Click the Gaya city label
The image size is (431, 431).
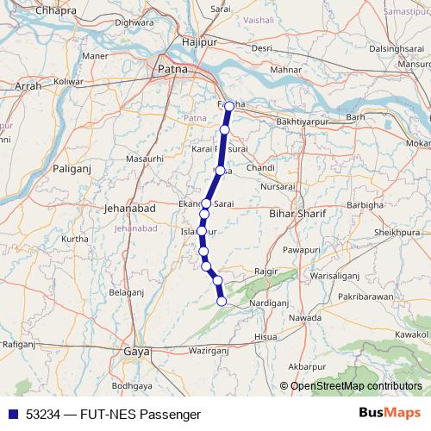136,352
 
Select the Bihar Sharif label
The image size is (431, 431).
295,212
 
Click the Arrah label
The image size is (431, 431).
28,86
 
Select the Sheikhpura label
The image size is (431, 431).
396,233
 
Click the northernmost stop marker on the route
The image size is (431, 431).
228,105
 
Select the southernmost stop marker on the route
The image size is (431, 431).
222,302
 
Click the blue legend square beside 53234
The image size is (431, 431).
9,415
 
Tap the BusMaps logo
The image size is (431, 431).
390,414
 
